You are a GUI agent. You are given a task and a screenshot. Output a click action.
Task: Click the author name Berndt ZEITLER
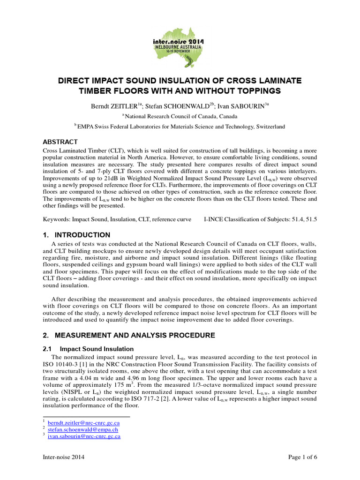tap(113, 106)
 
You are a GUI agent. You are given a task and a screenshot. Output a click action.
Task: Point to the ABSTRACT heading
tap(60, 142)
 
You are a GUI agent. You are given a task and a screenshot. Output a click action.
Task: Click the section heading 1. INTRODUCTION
tap(77, 235)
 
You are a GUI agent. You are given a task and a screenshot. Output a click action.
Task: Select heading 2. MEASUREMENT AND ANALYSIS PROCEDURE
tap(129, 335)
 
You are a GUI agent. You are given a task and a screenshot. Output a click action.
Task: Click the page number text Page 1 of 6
tap(300, 457)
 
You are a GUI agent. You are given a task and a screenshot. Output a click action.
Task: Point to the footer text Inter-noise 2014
tap(64, 457)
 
